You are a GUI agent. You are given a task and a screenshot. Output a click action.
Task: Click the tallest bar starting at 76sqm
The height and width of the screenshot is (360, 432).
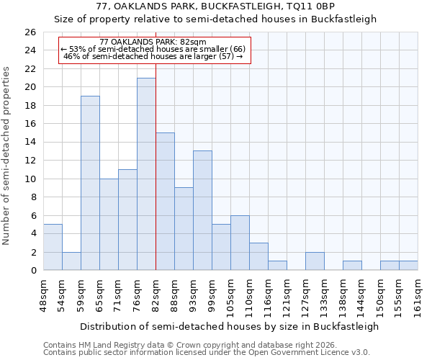click(x=146, y=174)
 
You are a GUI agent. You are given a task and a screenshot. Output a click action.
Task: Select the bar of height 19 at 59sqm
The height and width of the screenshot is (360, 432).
click(x=90, y=183)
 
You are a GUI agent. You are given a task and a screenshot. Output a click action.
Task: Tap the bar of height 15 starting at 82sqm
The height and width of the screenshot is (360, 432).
click(x=165, y=202)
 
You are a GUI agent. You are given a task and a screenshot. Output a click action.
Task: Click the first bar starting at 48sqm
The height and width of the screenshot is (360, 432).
click(x=53, y=247)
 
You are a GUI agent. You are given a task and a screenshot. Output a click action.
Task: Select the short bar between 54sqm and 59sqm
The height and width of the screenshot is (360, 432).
click(x=71, y=261)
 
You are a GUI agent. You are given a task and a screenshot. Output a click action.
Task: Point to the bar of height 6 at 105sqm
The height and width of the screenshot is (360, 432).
click(x=240, y=243)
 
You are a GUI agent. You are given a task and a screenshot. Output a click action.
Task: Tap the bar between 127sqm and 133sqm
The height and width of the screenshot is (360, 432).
click(x=315, y=261)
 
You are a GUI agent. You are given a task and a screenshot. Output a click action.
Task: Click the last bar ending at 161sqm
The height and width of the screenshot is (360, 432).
click(x=408, y=266)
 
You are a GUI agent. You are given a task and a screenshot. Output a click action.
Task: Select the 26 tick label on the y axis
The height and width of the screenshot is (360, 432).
click(x=30, y=32)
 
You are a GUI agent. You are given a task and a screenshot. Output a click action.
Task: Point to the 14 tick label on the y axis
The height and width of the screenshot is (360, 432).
click(x=30, y=143)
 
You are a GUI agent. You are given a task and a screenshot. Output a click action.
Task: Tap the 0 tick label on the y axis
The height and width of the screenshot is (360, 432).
click(x=32, y=271)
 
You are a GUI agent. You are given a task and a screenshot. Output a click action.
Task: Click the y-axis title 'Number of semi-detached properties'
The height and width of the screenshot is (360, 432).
click(x=7, y=156)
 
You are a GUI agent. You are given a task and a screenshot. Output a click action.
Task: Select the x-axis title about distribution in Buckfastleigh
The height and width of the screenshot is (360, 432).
click(x=229, y=326)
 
